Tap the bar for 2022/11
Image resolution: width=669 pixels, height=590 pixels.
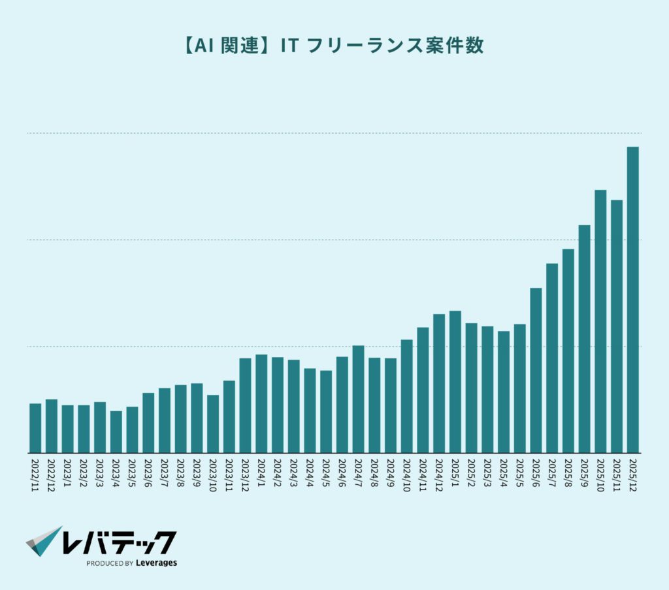[35, 428]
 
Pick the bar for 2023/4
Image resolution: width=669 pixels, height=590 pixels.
[116, 431]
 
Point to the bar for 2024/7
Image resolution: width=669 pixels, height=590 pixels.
[358, 399]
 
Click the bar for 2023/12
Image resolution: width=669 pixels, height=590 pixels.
[245, 405]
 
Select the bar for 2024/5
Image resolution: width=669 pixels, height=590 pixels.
[326, 411]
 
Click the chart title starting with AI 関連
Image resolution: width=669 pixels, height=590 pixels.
[334, 46]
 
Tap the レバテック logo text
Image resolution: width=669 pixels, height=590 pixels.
[120, 542]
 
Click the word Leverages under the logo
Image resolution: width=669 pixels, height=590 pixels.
[157, 563]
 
